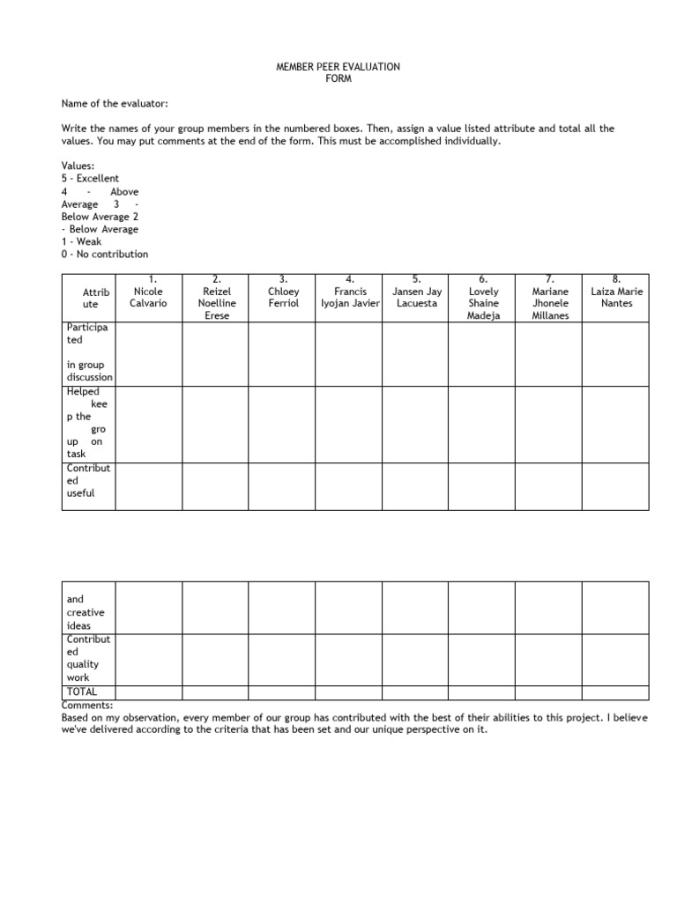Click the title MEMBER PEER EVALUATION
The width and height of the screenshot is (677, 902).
click(339, 66)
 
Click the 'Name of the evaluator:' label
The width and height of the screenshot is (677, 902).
click(114, 103)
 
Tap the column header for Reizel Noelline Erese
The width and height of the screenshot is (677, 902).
click(216, 297)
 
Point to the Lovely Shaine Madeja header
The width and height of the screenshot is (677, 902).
click(483, 297)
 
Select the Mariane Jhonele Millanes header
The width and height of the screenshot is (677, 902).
click(549, 297)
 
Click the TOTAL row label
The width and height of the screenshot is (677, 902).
click(82, 692)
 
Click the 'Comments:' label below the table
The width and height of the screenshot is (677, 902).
click(87, 706)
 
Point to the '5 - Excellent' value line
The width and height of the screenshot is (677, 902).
click(90, 178)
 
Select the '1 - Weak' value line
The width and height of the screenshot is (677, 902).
click(81, 241)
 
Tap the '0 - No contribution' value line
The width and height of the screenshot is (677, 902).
click(105, 254)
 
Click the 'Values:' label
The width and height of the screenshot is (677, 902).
click(78, 166)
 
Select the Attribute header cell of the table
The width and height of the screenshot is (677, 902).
click(89, 297)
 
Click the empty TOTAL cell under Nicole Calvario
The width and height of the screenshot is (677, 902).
click(149, 692)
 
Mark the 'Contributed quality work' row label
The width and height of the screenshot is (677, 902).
click(89, 659)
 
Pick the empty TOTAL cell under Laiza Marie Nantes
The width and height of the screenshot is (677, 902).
click(616, 692)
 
